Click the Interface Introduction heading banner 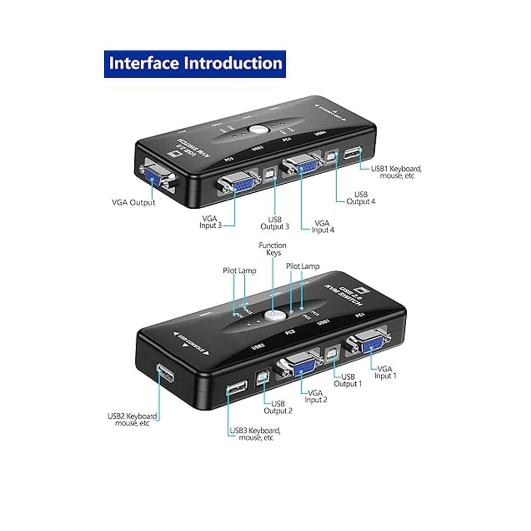pos(195,64)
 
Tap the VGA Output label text pos(133,202)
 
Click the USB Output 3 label pos(275,222)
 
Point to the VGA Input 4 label pos(322,227)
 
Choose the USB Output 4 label pos(361,198)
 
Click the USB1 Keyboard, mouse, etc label pos(396,172)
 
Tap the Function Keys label pos(272,249)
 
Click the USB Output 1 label pos(348,380)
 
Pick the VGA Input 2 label pos(316,396)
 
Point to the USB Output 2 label pos(278,407)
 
